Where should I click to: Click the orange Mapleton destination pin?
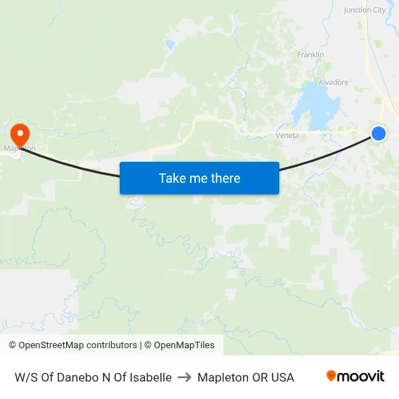(x=19, y=133)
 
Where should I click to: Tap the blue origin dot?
(x=378, y=133)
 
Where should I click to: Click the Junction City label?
(x=365, y=10)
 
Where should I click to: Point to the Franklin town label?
(x=310, y=55)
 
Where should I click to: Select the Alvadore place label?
(x=334, y=83)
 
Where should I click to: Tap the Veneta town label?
(x=287, y=136)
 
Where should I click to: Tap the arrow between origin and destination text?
(x=184, y=377)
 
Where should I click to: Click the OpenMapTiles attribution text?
(x=184, y=345)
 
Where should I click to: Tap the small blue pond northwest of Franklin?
(x=170, y=46)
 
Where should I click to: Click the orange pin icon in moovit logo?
(x=332, y=376)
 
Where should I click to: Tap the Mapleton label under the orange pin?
(x=20, y=149)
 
